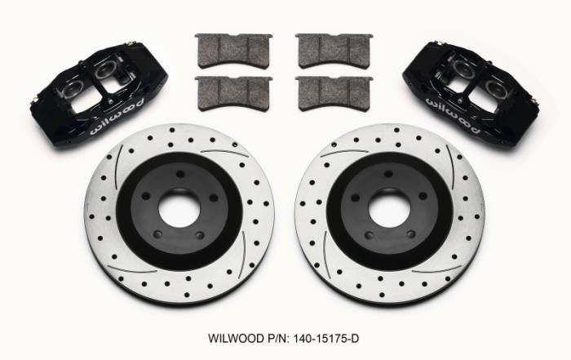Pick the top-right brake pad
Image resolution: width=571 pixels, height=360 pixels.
331,51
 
